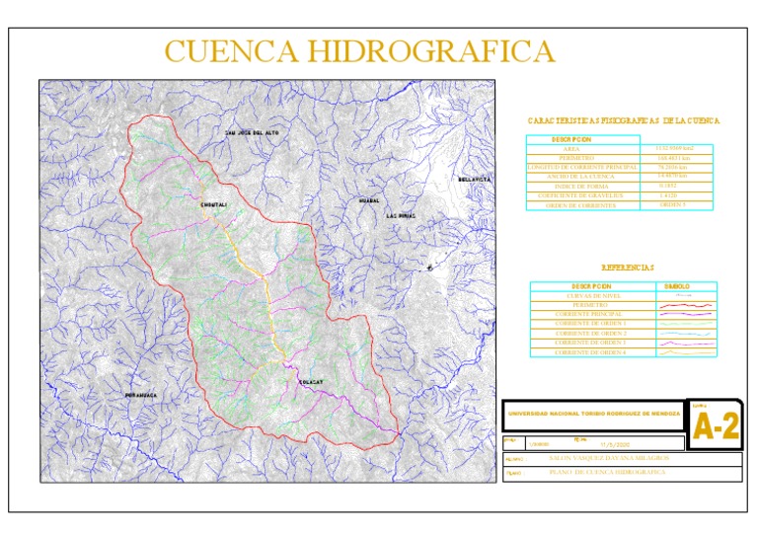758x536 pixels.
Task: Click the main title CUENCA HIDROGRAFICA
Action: (x=359, y=51)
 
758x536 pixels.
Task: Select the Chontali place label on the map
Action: (x=214, y=204)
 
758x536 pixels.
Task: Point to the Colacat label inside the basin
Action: (x=311, y=382)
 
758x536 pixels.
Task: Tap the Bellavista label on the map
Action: (x=475, y=180)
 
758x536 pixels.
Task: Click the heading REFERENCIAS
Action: (x=627, y=268)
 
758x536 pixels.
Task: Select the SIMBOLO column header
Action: (x=689, y=286)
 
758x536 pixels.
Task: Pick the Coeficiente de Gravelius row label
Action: (x=584, y=195)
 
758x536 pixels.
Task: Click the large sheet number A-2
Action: (x=715, y=427)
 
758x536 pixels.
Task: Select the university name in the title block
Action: (x=593, y=415)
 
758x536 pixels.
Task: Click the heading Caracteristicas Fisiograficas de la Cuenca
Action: (x=624, y=120)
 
